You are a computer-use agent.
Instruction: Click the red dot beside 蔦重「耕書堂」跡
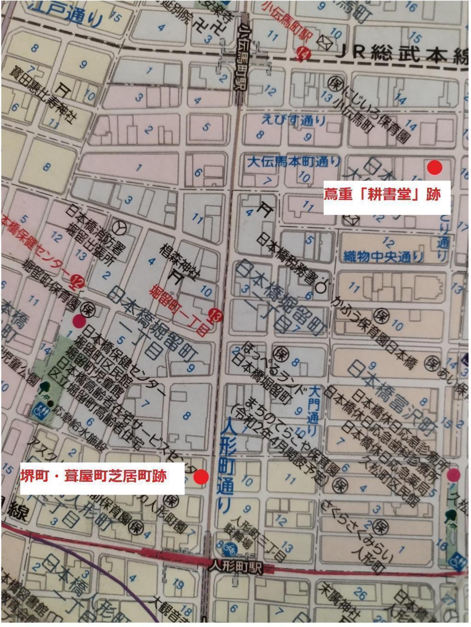pos(434,168)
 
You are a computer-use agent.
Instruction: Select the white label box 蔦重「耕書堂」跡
pos(382,195)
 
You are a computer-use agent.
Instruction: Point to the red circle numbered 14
pos(303,55)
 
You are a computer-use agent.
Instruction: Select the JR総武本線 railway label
pos(400,53)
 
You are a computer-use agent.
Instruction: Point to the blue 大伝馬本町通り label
pos(294,161)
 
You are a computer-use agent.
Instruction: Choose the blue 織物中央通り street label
pos(383,255)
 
